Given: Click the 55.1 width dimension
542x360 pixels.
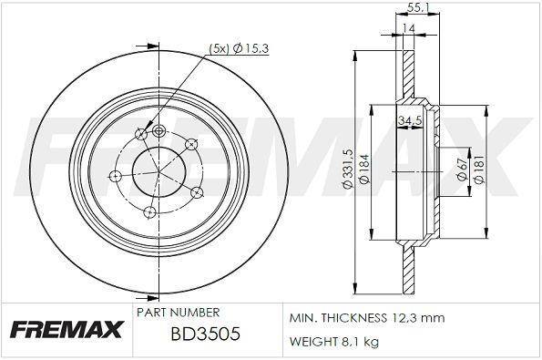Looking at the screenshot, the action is tap(417, 7).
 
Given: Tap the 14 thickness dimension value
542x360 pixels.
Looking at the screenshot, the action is tap(409, 28).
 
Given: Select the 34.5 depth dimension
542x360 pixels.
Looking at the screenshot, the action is tap(410, 120).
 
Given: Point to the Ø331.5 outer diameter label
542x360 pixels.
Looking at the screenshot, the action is tap(347, 169).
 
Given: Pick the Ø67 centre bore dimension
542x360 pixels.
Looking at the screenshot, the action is tap(462, 170).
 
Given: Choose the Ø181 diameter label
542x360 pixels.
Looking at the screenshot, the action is tap(479, 170).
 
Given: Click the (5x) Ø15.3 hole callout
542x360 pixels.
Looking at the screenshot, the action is tap(239, 49).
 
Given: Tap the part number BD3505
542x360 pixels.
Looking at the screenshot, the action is tap(205, 334).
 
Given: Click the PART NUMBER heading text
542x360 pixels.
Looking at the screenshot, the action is tap(178, 313).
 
